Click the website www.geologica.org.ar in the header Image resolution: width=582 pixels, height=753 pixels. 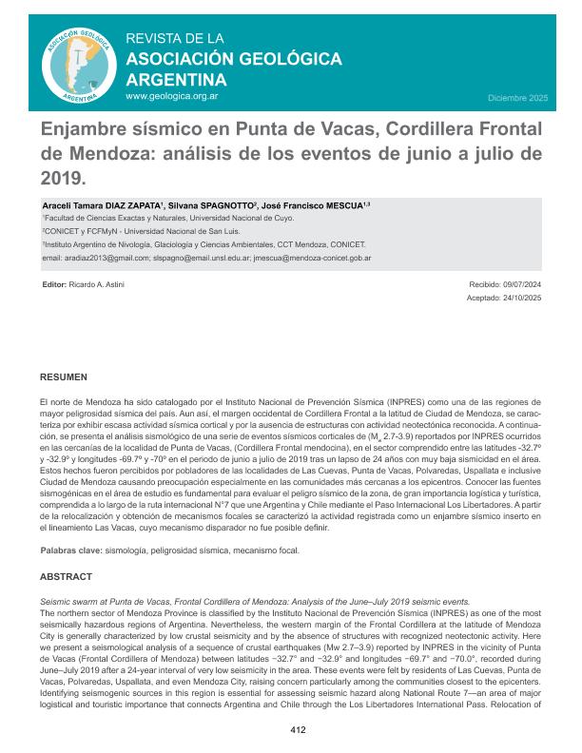coord(172,97)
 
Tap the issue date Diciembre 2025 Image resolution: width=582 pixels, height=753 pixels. coord(517,98)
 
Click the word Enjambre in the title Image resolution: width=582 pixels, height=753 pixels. coord(89,129)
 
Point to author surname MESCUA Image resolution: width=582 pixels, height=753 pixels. coord(339,205)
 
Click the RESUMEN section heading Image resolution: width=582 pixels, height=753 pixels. coord(64,377)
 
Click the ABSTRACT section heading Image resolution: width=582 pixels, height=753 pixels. coord(67,576)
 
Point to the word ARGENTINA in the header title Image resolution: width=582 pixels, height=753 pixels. coord(175,79)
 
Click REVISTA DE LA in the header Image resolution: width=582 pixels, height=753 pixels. coord(175,39)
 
